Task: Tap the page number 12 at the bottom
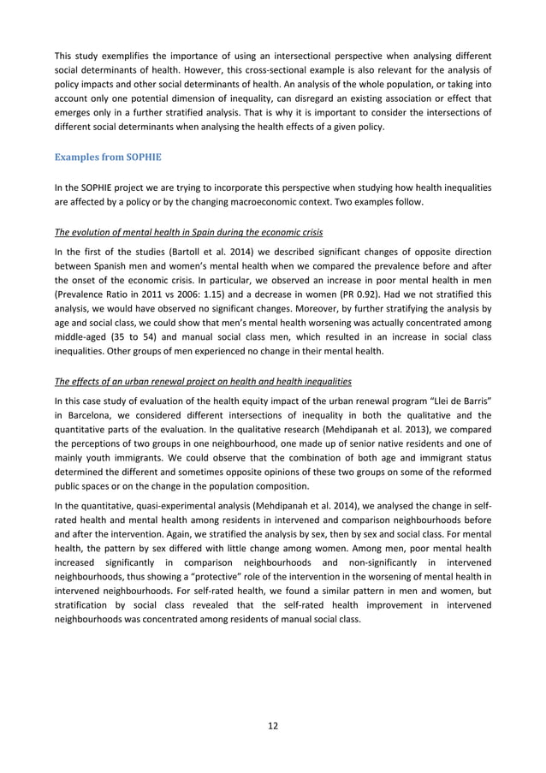pyautogui.click(x=272, y=726)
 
